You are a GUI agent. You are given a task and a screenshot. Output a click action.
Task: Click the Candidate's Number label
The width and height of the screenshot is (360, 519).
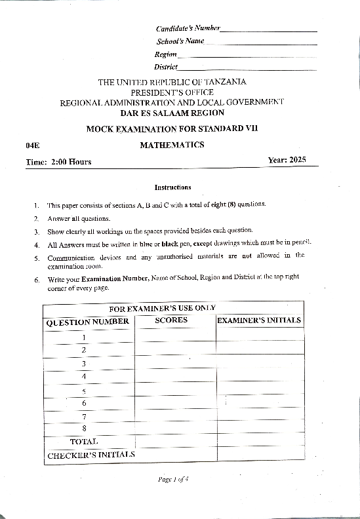(188, 28)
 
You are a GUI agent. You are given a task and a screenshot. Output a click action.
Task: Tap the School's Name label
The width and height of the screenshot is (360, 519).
(180, 41)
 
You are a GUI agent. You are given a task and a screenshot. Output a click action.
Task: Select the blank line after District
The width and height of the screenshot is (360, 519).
(247, 67)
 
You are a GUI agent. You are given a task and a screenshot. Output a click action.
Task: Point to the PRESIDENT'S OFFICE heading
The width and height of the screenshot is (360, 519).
(172, 92)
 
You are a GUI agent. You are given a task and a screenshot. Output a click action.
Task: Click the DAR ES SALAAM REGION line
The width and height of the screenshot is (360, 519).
(172, 113)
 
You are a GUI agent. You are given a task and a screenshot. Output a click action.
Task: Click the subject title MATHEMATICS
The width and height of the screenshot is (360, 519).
(172, 145)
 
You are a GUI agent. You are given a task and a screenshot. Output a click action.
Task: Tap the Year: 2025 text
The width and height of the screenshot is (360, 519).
(287, 161)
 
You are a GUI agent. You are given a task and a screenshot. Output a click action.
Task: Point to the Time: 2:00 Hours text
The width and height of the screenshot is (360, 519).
(58, 162)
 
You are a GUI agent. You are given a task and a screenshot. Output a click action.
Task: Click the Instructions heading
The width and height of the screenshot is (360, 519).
(172, 187)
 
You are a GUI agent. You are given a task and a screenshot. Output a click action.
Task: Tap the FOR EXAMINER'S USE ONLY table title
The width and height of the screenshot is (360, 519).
(162, 308)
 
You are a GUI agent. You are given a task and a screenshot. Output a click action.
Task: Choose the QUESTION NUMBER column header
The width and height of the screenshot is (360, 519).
(87, 322)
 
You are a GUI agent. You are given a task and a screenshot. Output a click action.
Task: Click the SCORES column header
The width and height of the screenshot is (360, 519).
(171, 320)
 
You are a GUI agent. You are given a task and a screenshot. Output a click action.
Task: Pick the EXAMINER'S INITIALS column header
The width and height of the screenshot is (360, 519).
(259, 320)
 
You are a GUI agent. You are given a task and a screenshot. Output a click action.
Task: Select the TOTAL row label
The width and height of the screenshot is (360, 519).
(84, 442)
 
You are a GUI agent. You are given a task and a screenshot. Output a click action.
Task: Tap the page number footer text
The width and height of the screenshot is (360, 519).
(173, 479)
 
